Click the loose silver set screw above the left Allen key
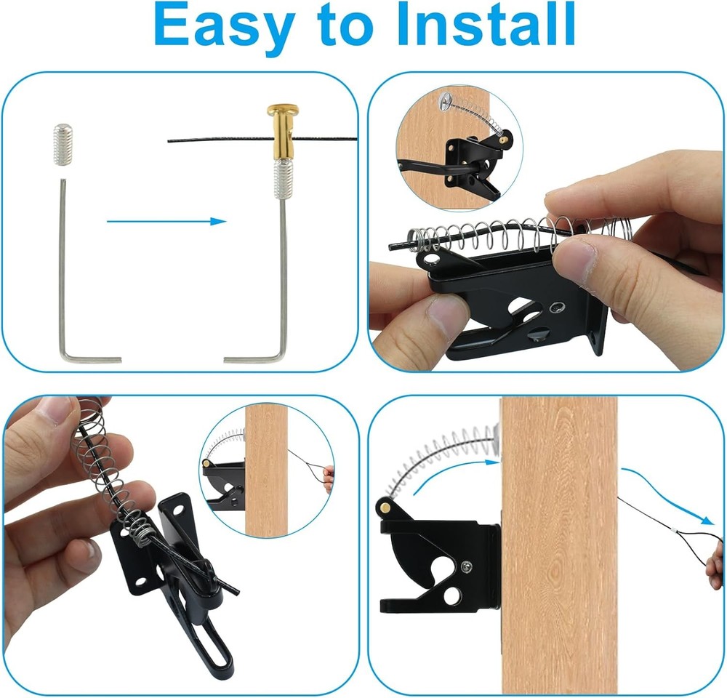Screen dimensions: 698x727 [x=64, y=145]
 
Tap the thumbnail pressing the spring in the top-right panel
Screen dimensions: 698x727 [x=579, y=259]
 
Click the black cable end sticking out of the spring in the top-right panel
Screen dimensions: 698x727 [x=398, y=247]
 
